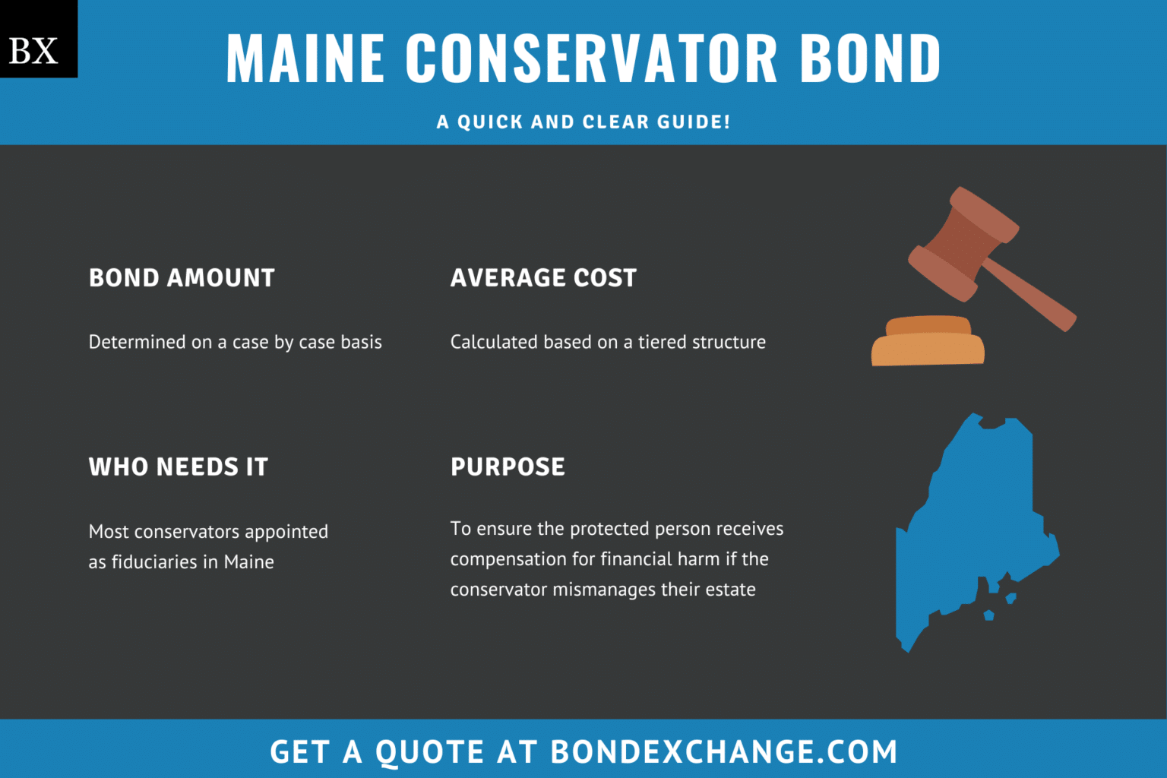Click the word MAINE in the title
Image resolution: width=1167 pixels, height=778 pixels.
(x=305, y=59)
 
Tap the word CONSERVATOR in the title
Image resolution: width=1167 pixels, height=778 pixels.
(x=591, y=59)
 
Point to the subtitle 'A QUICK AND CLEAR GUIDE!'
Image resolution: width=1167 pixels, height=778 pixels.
(x=583, y=122)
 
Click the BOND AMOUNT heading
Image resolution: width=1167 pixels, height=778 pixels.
(x=182, y=278)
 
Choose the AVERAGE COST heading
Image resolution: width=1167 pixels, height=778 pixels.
(x=543, y=278)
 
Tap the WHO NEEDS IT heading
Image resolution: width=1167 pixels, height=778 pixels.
(x=179, y=466)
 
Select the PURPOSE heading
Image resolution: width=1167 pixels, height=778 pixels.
(x=508, y=466)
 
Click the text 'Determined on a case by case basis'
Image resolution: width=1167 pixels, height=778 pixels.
(x=236, y=343)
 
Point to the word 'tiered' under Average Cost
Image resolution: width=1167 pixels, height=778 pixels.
(x=663, y=343)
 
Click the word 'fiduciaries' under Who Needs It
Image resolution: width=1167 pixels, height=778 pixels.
(x=154, y=562)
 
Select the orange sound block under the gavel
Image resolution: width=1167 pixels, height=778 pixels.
(x=928, y=343)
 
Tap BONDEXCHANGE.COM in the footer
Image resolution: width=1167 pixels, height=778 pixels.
(x=723, y=752)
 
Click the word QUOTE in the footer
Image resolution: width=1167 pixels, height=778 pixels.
(x=429, y=752)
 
